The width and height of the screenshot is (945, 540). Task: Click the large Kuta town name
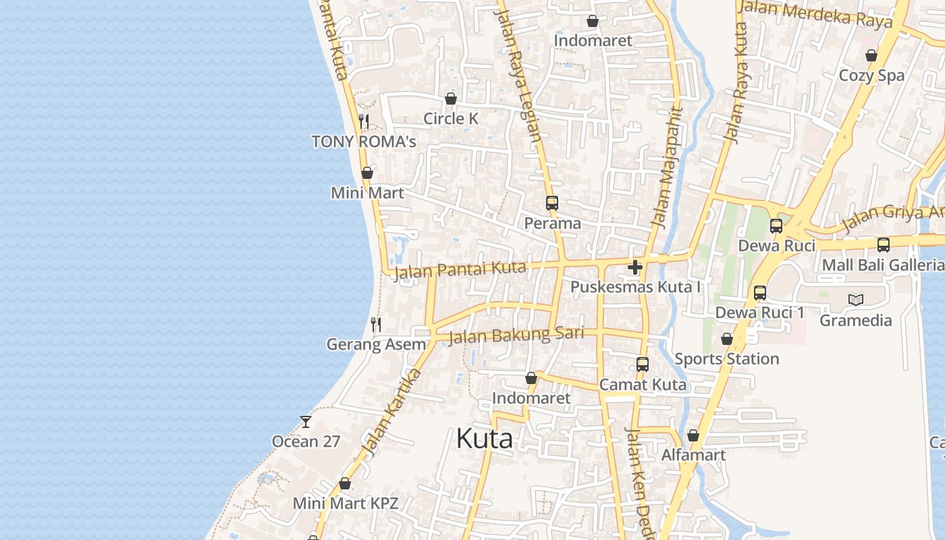484,439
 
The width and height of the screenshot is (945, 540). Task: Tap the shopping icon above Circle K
451,99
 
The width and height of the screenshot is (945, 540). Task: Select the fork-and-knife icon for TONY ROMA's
364,122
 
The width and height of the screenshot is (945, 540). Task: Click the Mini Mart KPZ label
345,503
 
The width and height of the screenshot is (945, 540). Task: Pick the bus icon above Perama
551,202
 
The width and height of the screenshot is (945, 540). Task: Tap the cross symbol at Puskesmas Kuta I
634,267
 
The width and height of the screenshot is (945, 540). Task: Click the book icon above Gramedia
855,300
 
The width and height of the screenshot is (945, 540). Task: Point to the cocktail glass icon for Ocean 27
306,422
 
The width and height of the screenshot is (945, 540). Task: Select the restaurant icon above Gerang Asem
376,325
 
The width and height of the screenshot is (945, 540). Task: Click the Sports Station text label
726,358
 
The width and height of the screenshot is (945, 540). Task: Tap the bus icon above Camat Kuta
642,364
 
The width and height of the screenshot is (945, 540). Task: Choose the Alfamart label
693,455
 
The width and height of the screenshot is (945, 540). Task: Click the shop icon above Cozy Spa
871,55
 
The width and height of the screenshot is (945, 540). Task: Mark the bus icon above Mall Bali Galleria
883,245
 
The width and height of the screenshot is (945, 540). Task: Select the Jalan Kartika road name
391,412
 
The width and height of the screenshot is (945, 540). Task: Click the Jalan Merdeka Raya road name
815,13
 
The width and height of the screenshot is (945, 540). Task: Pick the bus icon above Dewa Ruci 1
759,293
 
